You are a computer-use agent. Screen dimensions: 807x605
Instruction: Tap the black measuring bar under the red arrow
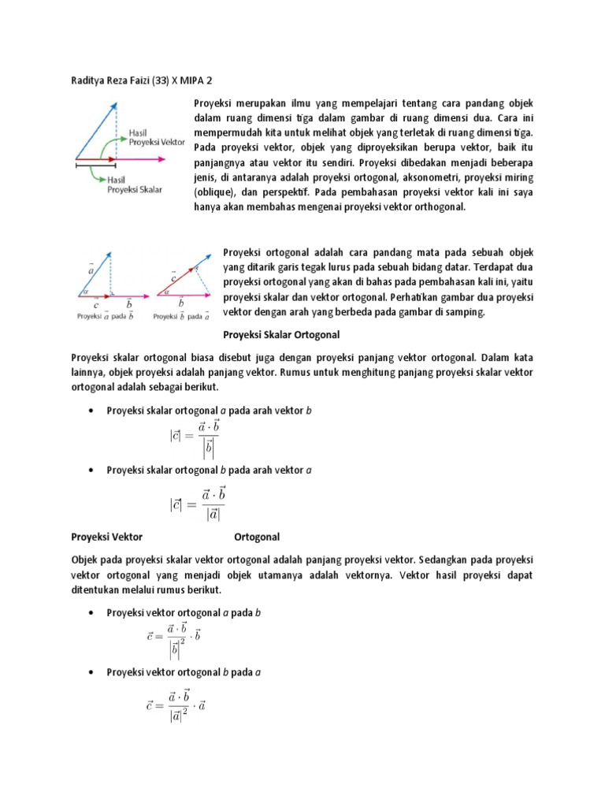coord(95,165)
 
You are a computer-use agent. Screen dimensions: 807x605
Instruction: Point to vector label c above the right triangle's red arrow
coord(173,277)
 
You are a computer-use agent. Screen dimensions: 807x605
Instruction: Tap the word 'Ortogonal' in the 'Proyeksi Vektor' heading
coord(257,537)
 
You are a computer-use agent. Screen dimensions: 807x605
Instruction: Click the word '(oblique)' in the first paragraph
coord(214,192)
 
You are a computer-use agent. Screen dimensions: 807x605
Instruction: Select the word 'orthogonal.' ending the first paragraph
coord(438,206)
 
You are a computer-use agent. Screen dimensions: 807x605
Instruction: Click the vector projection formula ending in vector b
coord(174,639)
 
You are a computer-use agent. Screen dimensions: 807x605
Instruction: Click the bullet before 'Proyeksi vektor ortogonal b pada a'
coord(94,670)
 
